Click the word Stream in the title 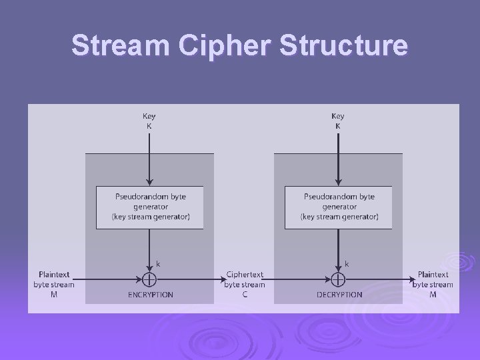[121, 45]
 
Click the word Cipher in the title [225, 46]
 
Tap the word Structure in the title [343, 45]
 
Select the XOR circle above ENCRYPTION [149, 279]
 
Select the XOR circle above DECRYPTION [338, 279]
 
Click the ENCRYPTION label [151, 295]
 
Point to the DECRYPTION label [339, 295]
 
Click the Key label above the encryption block [149, 116]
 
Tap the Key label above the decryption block [338, 116]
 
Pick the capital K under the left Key [149, 126]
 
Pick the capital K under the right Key [338, 126]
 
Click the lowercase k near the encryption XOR [158, 264]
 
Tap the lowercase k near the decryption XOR [347, 264]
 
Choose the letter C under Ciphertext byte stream [245, 295]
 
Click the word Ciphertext [245, 275]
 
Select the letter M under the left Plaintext [54, 295]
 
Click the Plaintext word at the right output [433, 275]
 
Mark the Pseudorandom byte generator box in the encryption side [150, 207]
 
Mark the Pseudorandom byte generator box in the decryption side [339, 207]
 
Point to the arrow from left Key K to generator [149, 159]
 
